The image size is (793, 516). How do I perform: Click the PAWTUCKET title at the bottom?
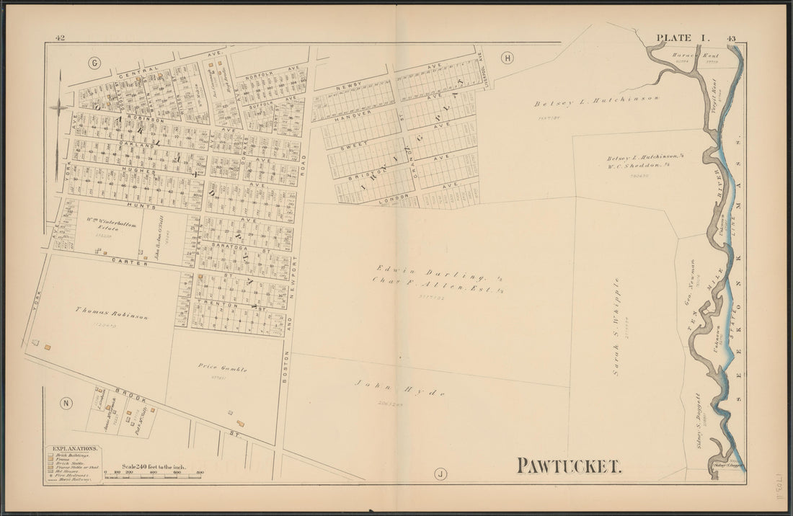coord(569,466)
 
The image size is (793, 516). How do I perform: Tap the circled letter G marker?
coord(94,62)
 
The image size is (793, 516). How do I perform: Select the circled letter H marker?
coord(507,58)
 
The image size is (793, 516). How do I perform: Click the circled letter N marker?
coord(66,403)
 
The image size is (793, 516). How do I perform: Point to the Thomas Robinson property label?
coord(111,315)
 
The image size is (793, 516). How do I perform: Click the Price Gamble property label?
coord(223,368)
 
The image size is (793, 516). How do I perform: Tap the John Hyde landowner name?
coord(399,389)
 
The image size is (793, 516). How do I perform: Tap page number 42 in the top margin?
coord(61,38)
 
